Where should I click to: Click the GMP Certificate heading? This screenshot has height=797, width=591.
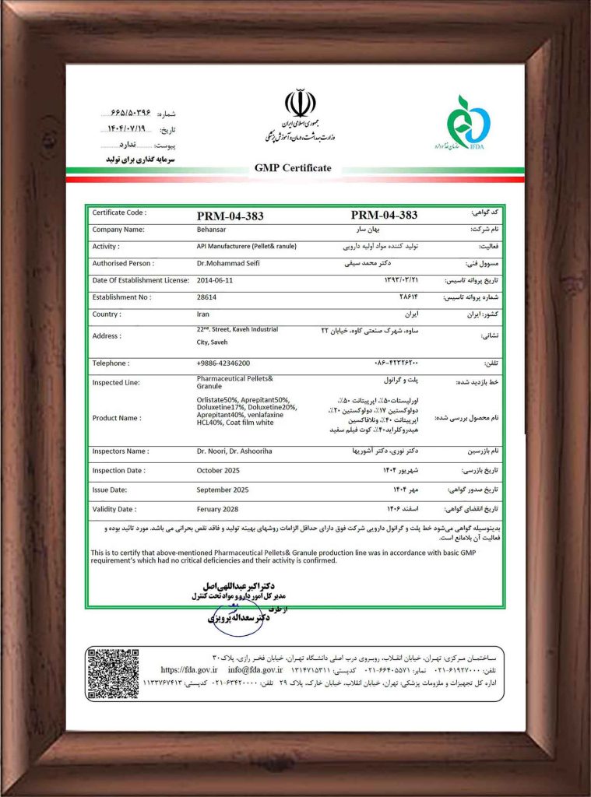(x=293, y=168)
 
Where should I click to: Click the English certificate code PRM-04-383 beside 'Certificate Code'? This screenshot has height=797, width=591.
(x=230, y=216)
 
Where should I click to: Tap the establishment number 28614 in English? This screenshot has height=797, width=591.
(x=206, y=297)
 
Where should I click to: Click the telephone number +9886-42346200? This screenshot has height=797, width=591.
(x=223, y=363)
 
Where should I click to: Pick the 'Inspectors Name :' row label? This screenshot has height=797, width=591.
(x=120, y=451)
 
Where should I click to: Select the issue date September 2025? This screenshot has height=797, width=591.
(x=227, y=490)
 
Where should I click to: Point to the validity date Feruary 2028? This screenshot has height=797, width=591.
(x=223, y=509)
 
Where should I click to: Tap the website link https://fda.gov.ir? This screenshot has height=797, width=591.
(x=189, y=669)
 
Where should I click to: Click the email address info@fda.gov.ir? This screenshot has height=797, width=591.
(x=255, y=669)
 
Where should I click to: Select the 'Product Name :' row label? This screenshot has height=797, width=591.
(x=117, y=418)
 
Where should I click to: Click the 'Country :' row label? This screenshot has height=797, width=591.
(x=107, y=314)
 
